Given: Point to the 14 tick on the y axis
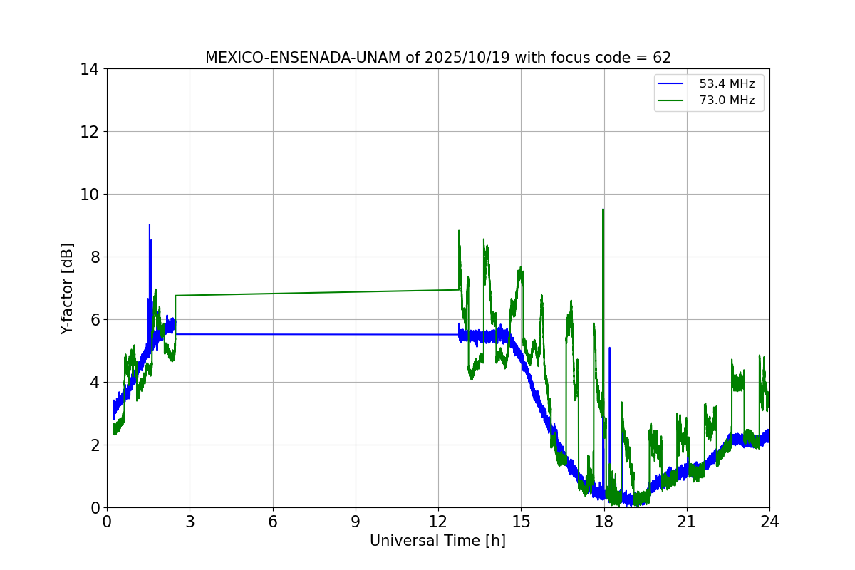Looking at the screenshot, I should click(90, 69).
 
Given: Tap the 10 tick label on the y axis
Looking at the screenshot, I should click(90, 195).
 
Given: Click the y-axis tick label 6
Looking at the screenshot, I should click(94, 320).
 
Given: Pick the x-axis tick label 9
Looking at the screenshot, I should click(356, 522).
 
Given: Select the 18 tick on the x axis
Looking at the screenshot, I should click(604, 522).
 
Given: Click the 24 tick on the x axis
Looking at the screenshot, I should click(769, 522).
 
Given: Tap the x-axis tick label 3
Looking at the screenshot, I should click(190, 522).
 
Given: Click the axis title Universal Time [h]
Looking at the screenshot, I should click(437, 541).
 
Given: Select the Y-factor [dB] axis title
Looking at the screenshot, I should click(67, 288).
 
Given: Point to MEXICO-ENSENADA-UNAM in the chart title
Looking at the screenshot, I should click(303, 58).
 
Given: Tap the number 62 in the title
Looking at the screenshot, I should click(661, 58).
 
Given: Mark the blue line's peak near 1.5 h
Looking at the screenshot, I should click(149, 225).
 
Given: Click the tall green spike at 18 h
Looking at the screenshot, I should click(603, 210).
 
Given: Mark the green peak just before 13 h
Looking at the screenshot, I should click(459, 231).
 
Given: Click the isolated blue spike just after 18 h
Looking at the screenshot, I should click(609, 348).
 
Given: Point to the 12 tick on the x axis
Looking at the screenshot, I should click(438, 522).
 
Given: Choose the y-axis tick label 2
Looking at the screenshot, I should click(94, 445).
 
